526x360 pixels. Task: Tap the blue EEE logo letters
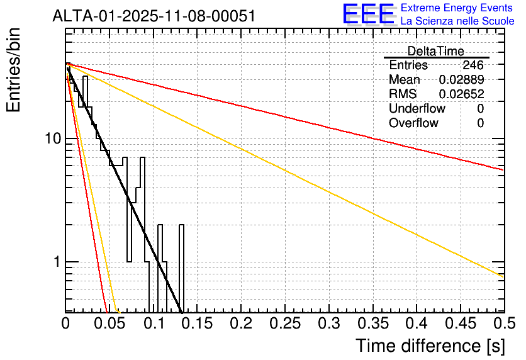(367, 14)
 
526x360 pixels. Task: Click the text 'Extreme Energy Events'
(457, 8)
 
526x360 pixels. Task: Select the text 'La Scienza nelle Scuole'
(457, 21)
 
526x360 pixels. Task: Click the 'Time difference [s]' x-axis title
(430, 346)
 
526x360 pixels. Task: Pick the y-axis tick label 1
(55, 262)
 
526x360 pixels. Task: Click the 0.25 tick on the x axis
(284, 323)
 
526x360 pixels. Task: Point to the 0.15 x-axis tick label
(196, 323)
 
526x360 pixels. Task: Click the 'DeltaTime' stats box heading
(436, 51)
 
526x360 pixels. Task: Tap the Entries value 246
(473, 65)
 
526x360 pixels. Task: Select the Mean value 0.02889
(461, 80)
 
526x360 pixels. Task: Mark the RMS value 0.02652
(461, 94)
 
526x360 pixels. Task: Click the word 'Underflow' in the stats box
(417, 109)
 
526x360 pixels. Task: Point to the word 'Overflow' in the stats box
(413, 123)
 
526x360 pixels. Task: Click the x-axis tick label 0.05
(109, 323)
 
